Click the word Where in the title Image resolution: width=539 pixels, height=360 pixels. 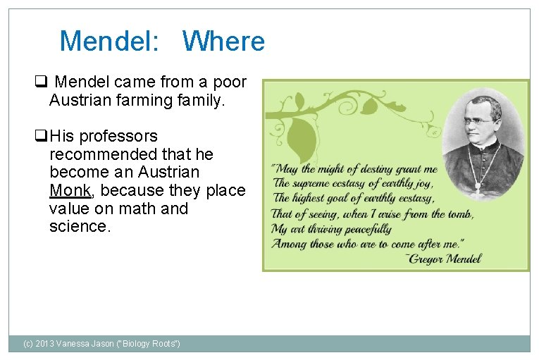click(x=223, y=42)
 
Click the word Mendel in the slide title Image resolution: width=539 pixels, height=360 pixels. click(x=106, y=42)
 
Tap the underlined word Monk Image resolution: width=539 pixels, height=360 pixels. click(x=70, y=190)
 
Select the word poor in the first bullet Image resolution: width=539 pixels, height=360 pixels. click(x=230, y=82)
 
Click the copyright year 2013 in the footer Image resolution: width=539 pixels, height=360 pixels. click(x=49, y=344)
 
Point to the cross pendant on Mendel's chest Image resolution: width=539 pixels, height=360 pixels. click(x=478, y=187)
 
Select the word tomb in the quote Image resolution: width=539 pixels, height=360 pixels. click(x=459, y=214)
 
